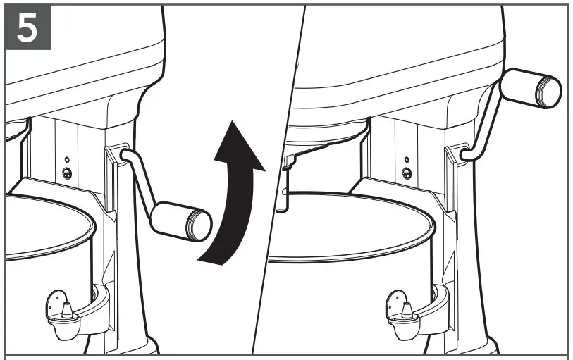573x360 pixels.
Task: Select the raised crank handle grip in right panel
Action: tap(530, 87)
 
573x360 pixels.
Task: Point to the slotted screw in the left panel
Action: tap(67, 173)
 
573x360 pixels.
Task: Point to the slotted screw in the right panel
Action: tap(407, 173)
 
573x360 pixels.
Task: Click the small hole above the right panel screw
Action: tap(407, 159)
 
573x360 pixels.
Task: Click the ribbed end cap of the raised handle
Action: tap(550, 89)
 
